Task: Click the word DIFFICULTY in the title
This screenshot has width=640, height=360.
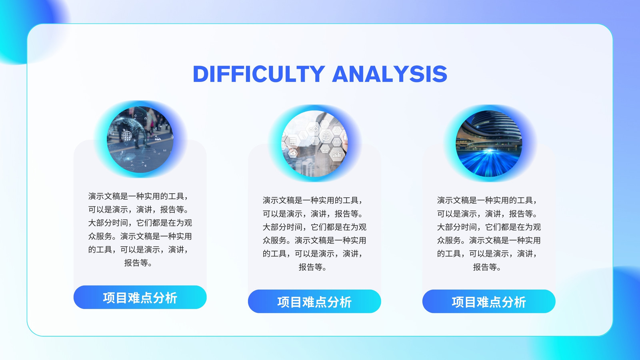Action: (x=259, y=74)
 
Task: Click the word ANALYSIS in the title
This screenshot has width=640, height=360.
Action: (x=390, y=74)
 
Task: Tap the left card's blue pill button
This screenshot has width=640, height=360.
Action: (x=140, y=297)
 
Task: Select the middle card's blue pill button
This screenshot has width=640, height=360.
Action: (x=314, y=302)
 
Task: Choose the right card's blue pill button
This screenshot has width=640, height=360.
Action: (x=489, y=302)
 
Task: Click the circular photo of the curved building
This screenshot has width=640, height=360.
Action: (x=489, y=144)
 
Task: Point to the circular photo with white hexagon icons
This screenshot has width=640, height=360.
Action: (x=314, y=144)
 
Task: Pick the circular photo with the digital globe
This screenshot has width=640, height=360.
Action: (x=140, y=140)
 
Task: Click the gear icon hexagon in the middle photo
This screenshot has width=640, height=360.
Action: (x=314, y=129)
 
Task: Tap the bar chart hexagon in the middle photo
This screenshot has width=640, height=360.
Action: (x=336, y=154)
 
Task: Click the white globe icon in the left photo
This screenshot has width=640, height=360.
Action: (x=127, y=135)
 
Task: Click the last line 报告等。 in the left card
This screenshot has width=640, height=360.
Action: (x=138, y=263)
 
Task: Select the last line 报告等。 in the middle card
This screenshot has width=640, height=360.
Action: (x=312, y=267)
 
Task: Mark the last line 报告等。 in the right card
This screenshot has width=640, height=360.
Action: (x=487, y=267)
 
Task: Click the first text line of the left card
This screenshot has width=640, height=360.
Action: (x=138, y=196)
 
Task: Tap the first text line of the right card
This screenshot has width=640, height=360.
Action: (x=487, y=200)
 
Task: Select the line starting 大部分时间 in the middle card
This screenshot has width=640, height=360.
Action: (x=314, y=227)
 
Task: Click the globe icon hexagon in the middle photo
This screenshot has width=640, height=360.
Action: (x=326, y=136)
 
